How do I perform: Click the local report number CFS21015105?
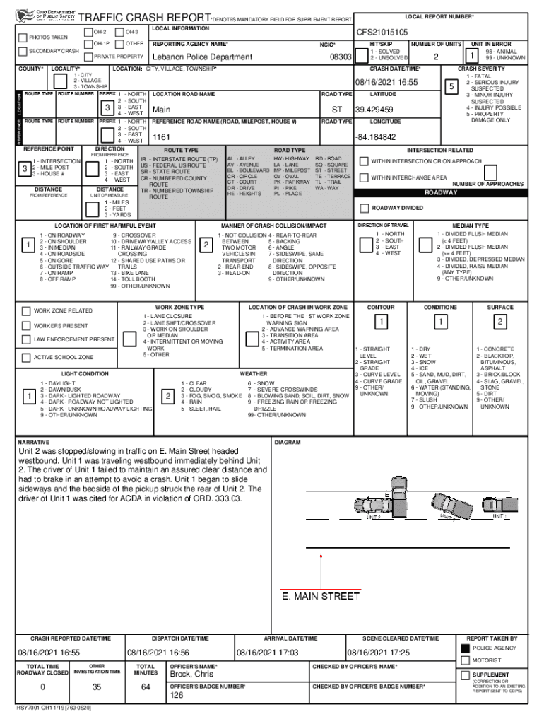(382, 32)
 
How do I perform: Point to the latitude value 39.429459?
(375, 110)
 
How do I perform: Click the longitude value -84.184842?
(376, 136)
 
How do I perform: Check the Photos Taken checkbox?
(23, 37)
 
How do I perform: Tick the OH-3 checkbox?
(118, 32)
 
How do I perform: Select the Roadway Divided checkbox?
(365, 208)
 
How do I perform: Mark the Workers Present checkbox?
(26, 326)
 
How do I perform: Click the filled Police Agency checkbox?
(464, 648)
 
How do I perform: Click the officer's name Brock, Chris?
(191, 675)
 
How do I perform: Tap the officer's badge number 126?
(177, 695)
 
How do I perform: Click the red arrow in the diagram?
(321, 568)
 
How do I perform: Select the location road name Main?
(162, 110)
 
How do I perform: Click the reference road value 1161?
(162, 136)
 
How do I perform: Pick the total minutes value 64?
(146, 687)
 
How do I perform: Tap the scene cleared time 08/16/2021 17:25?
(378, 652)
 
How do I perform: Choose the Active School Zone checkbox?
(26, 357)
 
